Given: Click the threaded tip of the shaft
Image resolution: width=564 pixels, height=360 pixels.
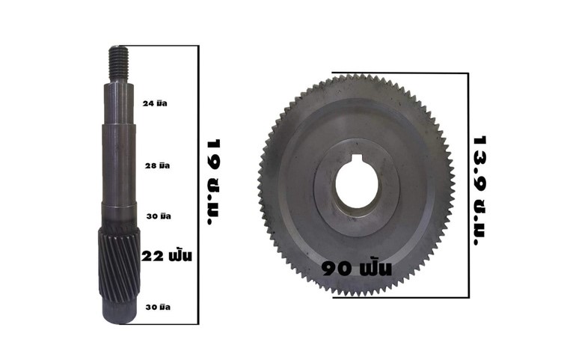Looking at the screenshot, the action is pos(119,64).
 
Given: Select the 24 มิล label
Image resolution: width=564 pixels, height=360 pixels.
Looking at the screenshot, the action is pos(155,104).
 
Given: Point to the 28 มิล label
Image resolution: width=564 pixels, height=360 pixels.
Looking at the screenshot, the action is pos(157,166).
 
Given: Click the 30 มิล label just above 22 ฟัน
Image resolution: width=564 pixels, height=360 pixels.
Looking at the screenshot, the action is pos(159,216).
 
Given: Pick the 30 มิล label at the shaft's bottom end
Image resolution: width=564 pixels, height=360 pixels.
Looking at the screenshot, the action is pos(158,307).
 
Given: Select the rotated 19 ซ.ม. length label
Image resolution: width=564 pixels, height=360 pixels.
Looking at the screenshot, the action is pos(214,182).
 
